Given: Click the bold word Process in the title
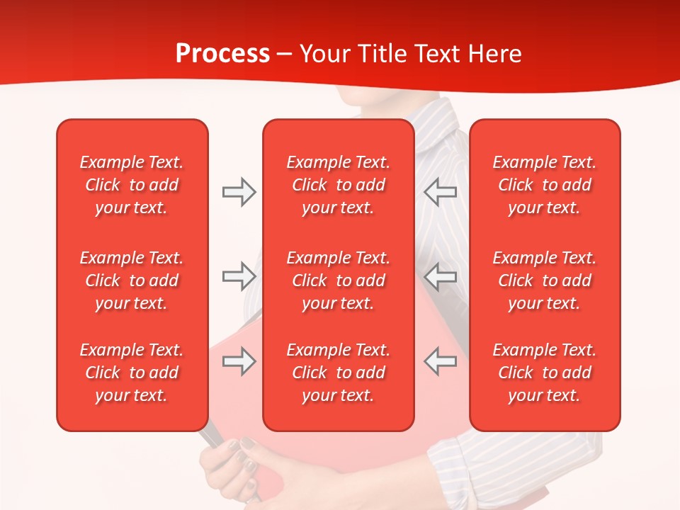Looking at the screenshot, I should (x=222, y=54).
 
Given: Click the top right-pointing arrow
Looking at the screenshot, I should (x=239, y=192).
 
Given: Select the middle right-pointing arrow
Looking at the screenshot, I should (x=239, y=276).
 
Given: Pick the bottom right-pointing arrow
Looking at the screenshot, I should (x=239, y=361).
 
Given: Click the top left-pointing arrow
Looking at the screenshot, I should (x=441, y=192).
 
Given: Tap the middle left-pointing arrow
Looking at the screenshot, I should (x=441, y=276).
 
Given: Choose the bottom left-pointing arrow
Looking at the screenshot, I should (x=441, y=361).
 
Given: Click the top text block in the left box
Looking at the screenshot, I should (x=132, y=185).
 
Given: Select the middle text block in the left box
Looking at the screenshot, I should (x=132, y=280).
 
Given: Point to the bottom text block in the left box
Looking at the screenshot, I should (x=132, y=373).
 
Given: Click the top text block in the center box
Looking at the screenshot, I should (x=338, y=185).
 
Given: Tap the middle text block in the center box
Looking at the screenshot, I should (x=338, y=280).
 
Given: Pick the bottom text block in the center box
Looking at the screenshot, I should (x=338, y=373).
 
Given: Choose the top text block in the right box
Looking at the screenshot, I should (x=545, y=185).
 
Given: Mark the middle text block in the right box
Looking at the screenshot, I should (x=545, y=280).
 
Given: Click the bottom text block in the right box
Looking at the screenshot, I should (x=545, y=373).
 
